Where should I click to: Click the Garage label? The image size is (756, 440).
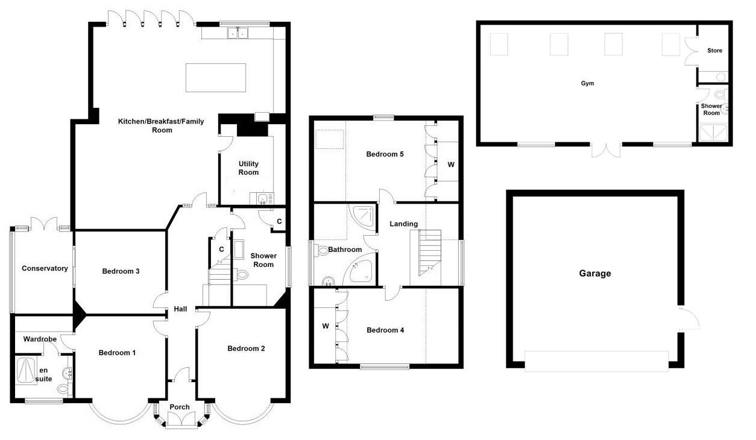[595, 273]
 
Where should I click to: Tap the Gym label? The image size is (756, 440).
[588, 83]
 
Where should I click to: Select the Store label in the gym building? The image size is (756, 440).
[715, 51]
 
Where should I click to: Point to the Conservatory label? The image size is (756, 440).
[45, 268]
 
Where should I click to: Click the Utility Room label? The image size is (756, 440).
[249, 168]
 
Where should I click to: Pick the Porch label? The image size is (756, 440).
[180, 407]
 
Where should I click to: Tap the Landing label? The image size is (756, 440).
[404, 224]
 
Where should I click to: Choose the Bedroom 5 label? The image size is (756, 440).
[385, 154]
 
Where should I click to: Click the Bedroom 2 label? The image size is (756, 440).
[246, 348]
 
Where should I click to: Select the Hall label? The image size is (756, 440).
[181, 309]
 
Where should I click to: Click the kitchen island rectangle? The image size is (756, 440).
[216, 78]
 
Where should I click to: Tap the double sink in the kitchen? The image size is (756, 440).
[238, 33]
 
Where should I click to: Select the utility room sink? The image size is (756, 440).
[262, 198]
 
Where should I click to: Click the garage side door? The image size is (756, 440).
[688, 318]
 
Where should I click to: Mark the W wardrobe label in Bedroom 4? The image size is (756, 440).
[326, 326]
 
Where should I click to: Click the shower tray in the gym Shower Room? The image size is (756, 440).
[713, 133]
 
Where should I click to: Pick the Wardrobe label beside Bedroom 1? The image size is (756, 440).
[40, 339]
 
